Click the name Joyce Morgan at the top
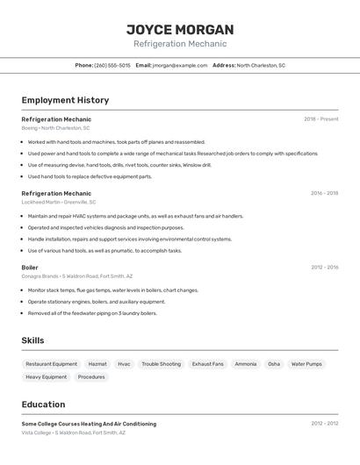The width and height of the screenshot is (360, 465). pyautogui.click(x=179, y=29)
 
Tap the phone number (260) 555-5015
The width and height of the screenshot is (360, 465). pyautogui.click(x=112, y=65)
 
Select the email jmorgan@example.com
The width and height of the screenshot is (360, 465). pyautogui.click(x=179, y=65)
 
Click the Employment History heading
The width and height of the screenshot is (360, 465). pyautogui.click(x=65, y=100)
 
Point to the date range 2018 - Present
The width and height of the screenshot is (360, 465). pyautogui.click(x=320, y=118)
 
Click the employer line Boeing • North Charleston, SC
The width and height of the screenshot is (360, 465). pyautogui.click(x=56, y=128)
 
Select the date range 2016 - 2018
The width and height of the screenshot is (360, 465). pyautogui.click(x=324, y=193)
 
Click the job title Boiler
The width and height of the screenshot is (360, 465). pyautogui.click(x=30, y=267)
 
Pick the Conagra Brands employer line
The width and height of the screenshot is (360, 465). pyautogui.click(x=77, y=275)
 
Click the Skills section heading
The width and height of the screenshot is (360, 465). pyautogui.click(x=33, y=340)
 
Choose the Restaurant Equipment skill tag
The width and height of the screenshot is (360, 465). pyautogui.click(x=52, y=364)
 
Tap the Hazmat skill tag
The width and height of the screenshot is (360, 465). pyautogui.click(x=97, y=364)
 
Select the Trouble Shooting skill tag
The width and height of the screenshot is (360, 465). pyautogui.click(x=162, y=364)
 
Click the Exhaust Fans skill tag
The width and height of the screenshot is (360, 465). pyautogui.click(x=208, y=364)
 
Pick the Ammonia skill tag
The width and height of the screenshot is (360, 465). pyautogui.click(x=246, y=364)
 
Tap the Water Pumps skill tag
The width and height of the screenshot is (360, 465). pyautogui.click(x=306, y=364)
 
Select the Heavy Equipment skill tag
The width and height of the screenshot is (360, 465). pyautogui.click(x=47, y=377)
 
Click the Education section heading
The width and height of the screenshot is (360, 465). pyautogui.click(x=44, y=404)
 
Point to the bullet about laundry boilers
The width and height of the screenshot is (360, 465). pyautogui.click(x=92, y=313)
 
